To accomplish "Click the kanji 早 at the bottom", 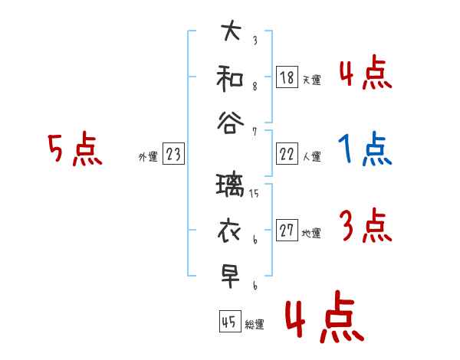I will click(230, 276).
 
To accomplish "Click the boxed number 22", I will click(287, 154).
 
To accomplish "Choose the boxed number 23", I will click(173, 154).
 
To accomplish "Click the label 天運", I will click(311, 79).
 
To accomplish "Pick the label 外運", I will click(148, 157).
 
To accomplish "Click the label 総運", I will click(254, 324).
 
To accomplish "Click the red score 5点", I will click(74, 149).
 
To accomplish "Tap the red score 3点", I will click(365, 226).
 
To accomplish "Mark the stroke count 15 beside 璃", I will click(255, 193).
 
